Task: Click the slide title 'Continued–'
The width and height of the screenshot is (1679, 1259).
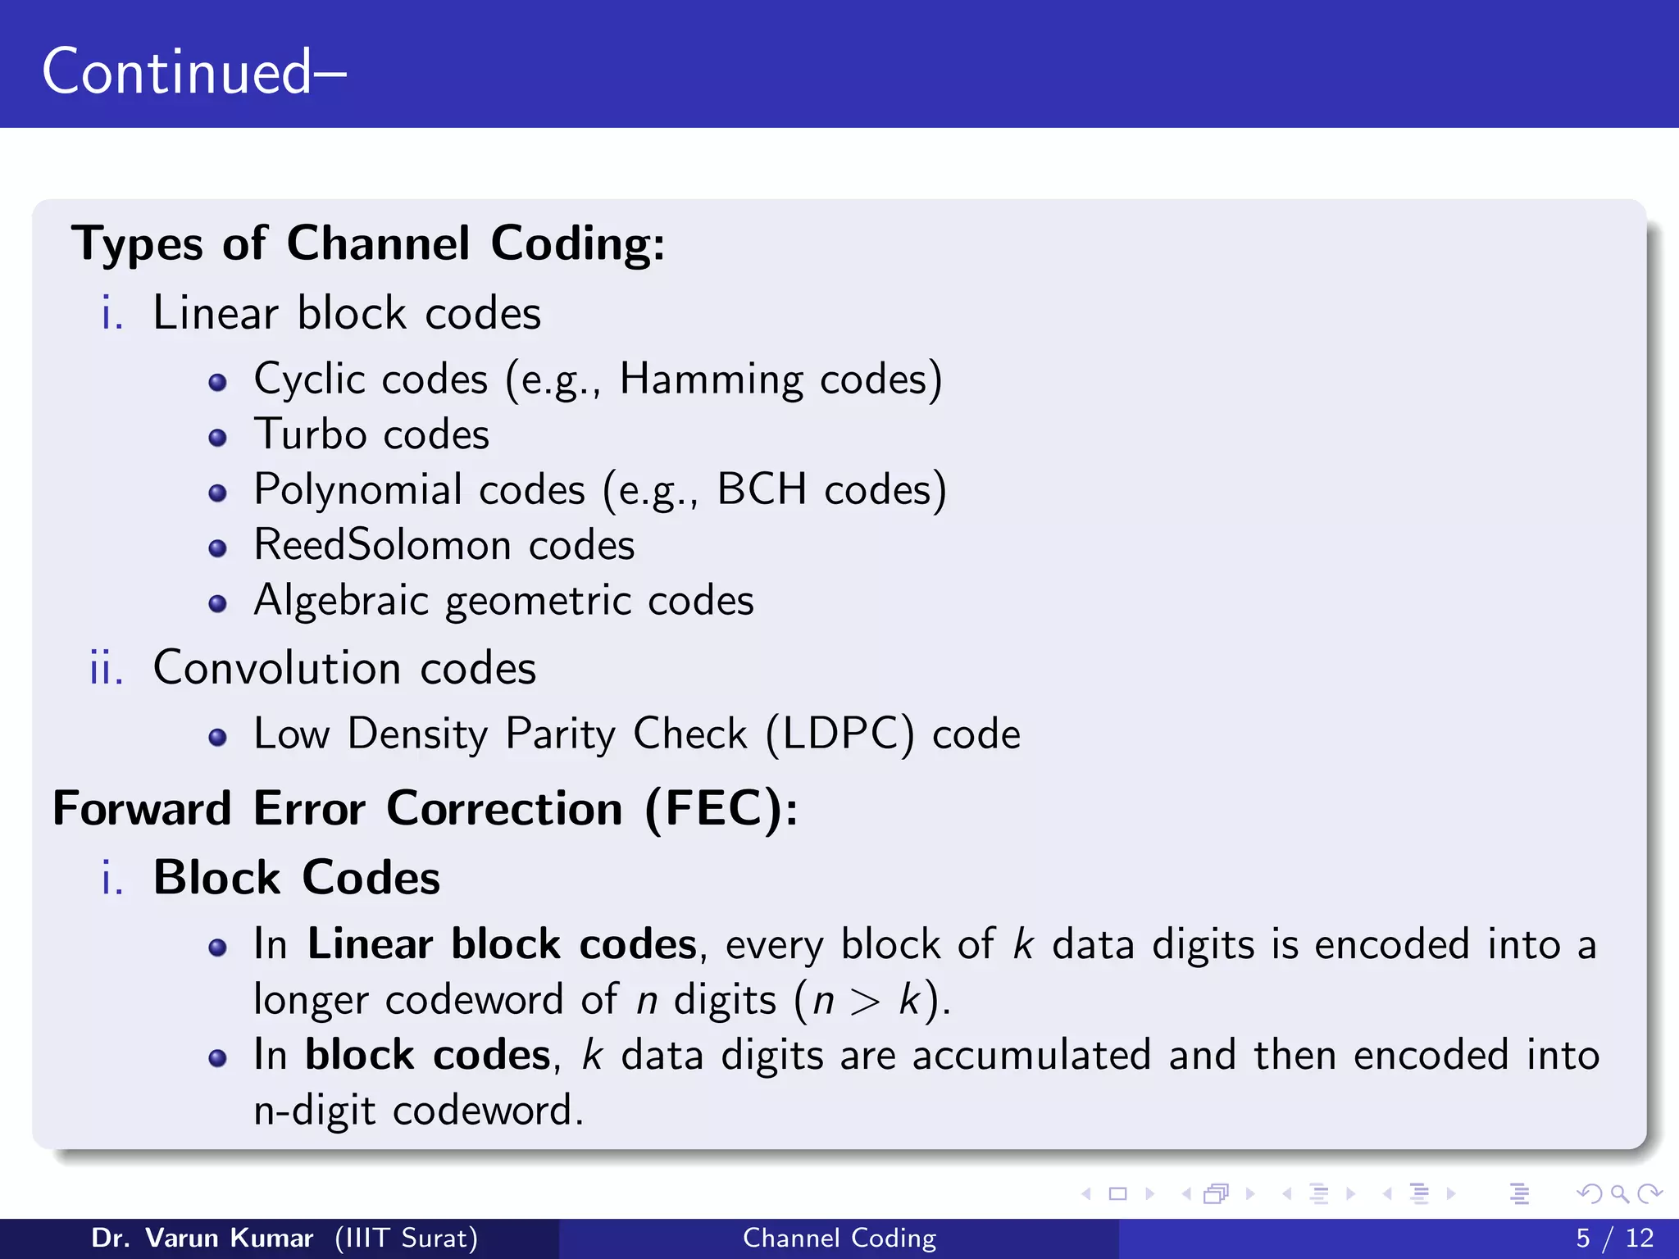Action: (193, 72)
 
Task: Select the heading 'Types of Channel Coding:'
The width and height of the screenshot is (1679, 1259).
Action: (368, 244)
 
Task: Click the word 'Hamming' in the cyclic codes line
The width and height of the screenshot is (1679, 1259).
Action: (711, 380)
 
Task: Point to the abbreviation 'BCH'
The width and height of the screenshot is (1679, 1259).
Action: (762, 489)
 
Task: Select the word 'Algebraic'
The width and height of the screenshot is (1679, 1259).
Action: (341, 601)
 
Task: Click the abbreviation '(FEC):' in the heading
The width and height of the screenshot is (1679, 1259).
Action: (721, 810)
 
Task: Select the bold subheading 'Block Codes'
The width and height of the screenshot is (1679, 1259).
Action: (297, 878)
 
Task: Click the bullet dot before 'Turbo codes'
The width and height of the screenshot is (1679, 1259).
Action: (217, 438)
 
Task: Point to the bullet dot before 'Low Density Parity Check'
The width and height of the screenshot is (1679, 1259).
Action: (217, 738)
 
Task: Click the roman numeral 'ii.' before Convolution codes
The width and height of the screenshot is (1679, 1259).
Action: (107, 668)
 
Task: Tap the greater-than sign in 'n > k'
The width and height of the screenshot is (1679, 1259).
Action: (865, 1002)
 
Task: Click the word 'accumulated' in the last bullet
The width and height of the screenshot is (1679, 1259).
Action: (1031, 1056)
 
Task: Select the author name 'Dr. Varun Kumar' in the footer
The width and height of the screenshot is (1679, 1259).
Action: (202, 1238)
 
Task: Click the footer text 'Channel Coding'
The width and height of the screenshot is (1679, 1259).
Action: (839, 1238)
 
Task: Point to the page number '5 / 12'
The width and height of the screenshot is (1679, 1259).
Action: (1614, 1238)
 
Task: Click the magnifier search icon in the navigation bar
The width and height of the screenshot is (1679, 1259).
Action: (1619, 1194)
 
